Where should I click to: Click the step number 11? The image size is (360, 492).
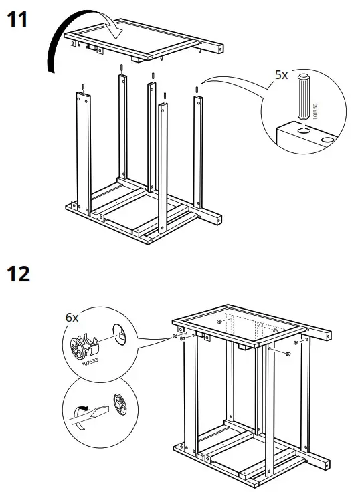pos(17,20)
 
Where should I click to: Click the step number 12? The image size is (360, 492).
pos(18,274)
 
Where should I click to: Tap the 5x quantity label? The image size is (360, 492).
pos(282,75)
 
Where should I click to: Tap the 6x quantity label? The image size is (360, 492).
pos(72,318)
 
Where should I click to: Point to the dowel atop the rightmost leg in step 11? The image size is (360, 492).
pos(198,90)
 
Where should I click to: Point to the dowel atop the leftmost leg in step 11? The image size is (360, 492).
pos(82,86)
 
